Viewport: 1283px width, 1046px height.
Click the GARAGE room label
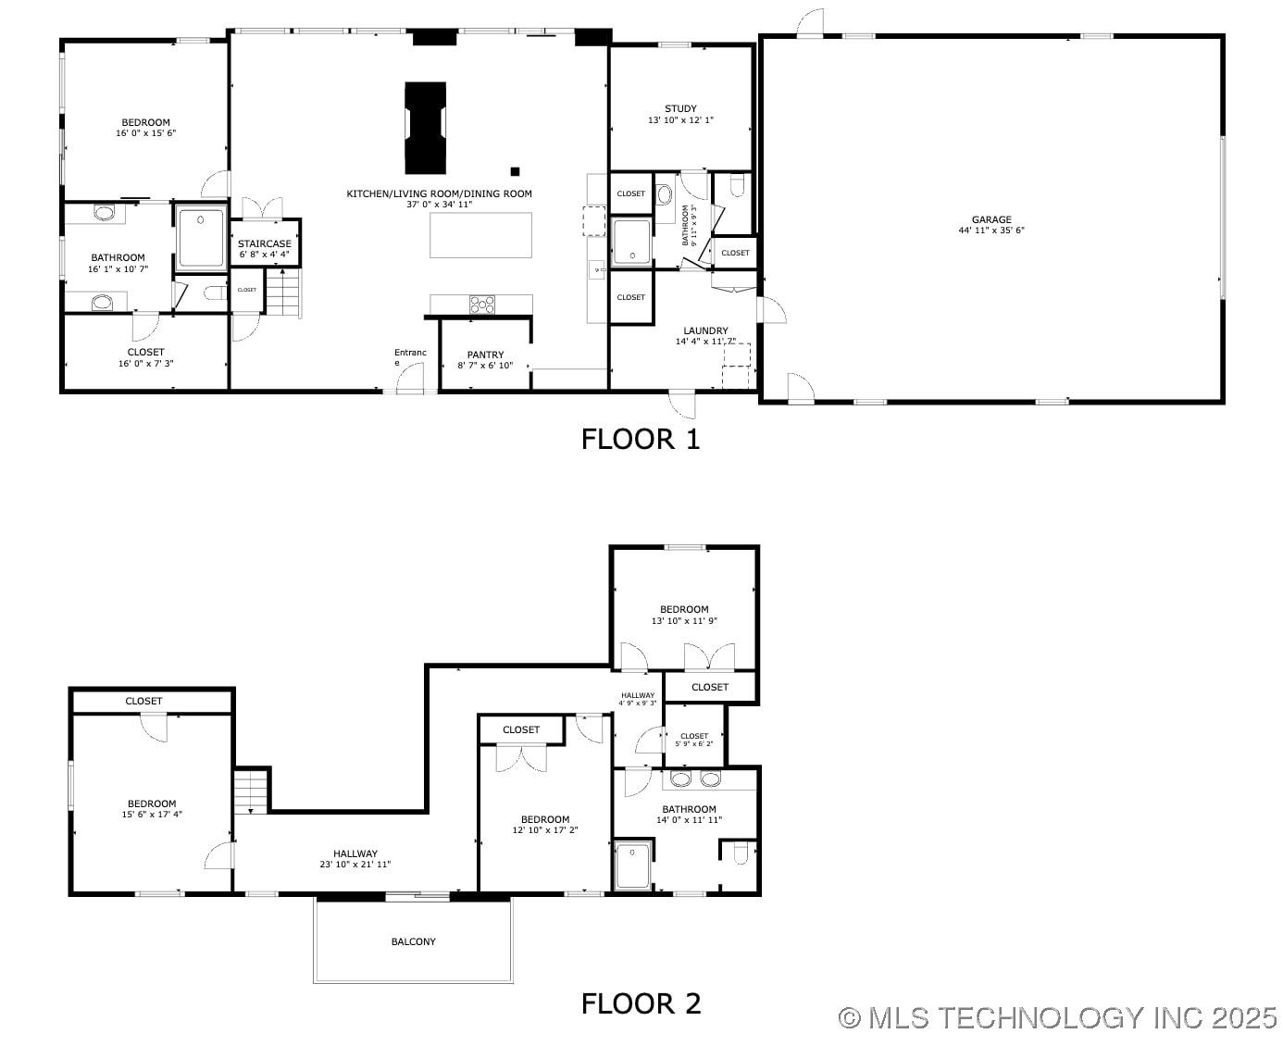tap(991, 220)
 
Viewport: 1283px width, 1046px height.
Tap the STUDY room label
tap(680, 109)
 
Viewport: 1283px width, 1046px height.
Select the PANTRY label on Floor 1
tap(485, 355)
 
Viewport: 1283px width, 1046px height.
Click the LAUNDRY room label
tap(705, 330)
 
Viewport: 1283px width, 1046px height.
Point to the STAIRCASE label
tap(264, 244)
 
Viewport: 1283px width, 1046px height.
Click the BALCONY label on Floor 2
tap(413, 941)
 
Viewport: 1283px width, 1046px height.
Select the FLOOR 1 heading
tap(641, 439)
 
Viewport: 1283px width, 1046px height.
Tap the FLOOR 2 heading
tap(641, 1003)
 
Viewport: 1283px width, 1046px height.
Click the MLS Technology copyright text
tap(1057, 1018)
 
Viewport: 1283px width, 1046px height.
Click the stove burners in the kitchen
tap(481, 305)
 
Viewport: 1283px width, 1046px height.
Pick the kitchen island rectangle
tap(480, 235)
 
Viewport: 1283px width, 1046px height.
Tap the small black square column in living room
tap(515, 171)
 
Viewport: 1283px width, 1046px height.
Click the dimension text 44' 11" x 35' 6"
tap(991, 230)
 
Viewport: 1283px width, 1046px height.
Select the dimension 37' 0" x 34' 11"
tap(439, 205)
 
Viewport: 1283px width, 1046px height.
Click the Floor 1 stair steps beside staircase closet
tap(284, 293)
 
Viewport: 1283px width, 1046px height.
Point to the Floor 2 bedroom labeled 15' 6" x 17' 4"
tap(152, 809)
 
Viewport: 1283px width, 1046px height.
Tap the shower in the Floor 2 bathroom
tap(633, 865)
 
